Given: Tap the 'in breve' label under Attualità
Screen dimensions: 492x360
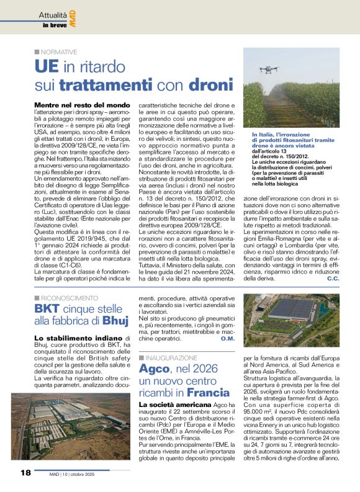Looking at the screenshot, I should pyautogui.click(x=53, y=25).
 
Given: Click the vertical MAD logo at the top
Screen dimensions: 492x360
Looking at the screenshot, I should pyautogui.click(x=72, y=17).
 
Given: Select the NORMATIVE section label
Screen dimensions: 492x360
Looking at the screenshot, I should pyautogui.click(x=59, y=52).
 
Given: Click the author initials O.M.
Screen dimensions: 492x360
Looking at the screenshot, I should pyautogui.click(x=227, y=338).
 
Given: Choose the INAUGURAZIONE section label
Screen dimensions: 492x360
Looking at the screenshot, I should pyautogui.click(x=171, y=359).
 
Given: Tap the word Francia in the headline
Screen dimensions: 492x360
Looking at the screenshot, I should pyautogui.click(x=208, y=393).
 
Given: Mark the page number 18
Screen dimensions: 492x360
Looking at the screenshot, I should pyautogui.click(x=25, y=473).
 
